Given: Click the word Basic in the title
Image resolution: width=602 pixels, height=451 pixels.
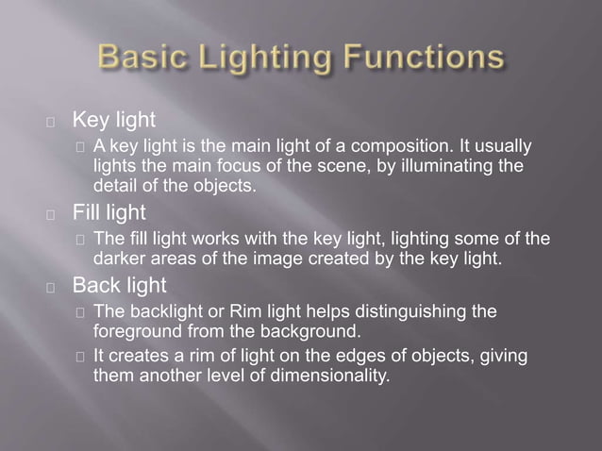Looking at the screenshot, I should (x=141, y=59).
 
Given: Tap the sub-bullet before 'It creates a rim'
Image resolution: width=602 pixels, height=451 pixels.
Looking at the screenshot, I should (x=79, y=357).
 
